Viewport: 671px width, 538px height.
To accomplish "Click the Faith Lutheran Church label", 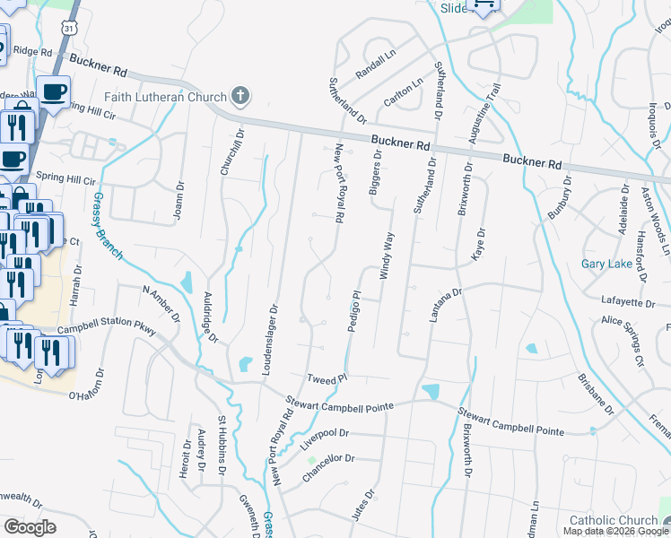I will click(x=167, y=96).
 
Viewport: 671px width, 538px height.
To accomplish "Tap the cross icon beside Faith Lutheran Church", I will click(x=240, y=95).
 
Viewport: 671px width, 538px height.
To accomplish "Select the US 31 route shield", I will click(x=69, y=30).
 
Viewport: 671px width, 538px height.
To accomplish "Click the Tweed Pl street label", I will click(x=327, y=380).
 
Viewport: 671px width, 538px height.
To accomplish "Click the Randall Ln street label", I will click(x=375, y=68).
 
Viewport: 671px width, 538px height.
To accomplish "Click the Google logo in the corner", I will click(x=30, y=526).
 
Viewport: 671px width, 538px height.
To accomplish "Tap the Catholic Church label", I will click(x=614, y=520).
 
